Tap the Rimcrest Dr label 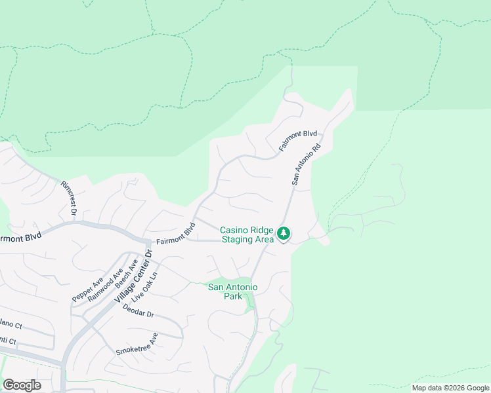pyautogui.click(x=68, y=199)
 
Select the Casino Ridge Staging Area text pyautogui.click(x=247, y=234)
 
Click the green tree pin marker pyautogui.click(x=284, y=233)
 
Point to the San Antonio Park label pyautogui.click(x=233, y=291)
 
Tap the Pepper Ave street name pyautogui.click(x=88, y=289)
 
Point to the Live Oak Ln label pyautogui.click(x=145, y=286)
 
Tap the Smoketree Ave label pyautogui.click(x=137, y=344)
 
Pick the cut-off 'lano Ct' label pyautogui.click(x=11, y=324)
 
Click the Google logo pyautogui.click(x=22, y=385)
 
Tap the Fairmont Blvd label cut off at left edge pyautogui.click(x=20, y=236)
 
